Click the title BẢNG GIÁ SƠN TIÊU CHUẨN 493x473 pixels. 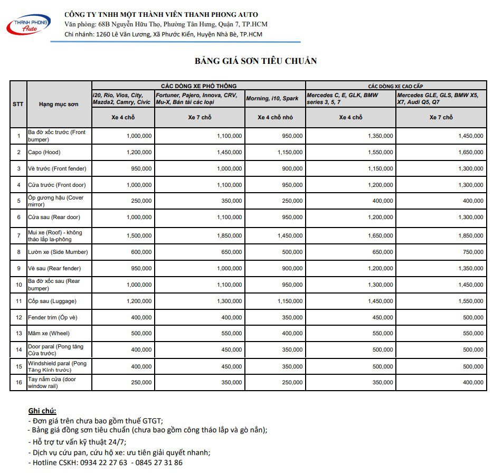(255, 61)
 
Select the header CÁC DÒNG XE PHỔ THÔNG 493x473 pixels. (198, 86)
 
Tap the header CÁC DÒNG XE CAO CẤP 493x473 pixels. (395, 86)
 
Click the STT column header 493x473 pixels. (18, 104)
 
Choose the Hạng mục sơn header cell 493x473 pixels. (59, 104)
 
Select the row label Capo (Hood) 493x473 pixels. (44, 152)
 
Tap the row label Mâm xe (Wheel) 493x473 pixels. (49, 333)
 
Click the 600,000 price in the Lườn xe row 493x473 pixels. (139, 252)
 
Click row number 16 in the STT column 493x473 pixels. (18, 383)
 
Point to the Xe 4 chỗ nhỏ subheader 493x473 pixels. (275, 117)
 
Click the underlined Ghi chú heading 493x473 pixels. (42, 411)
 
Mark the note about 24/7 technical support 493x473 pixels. (77, 442)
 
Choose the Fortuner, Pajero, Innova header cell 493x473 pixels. (199, 99)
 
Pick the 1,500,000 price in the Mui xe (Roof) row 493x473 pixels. (139, 235)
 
